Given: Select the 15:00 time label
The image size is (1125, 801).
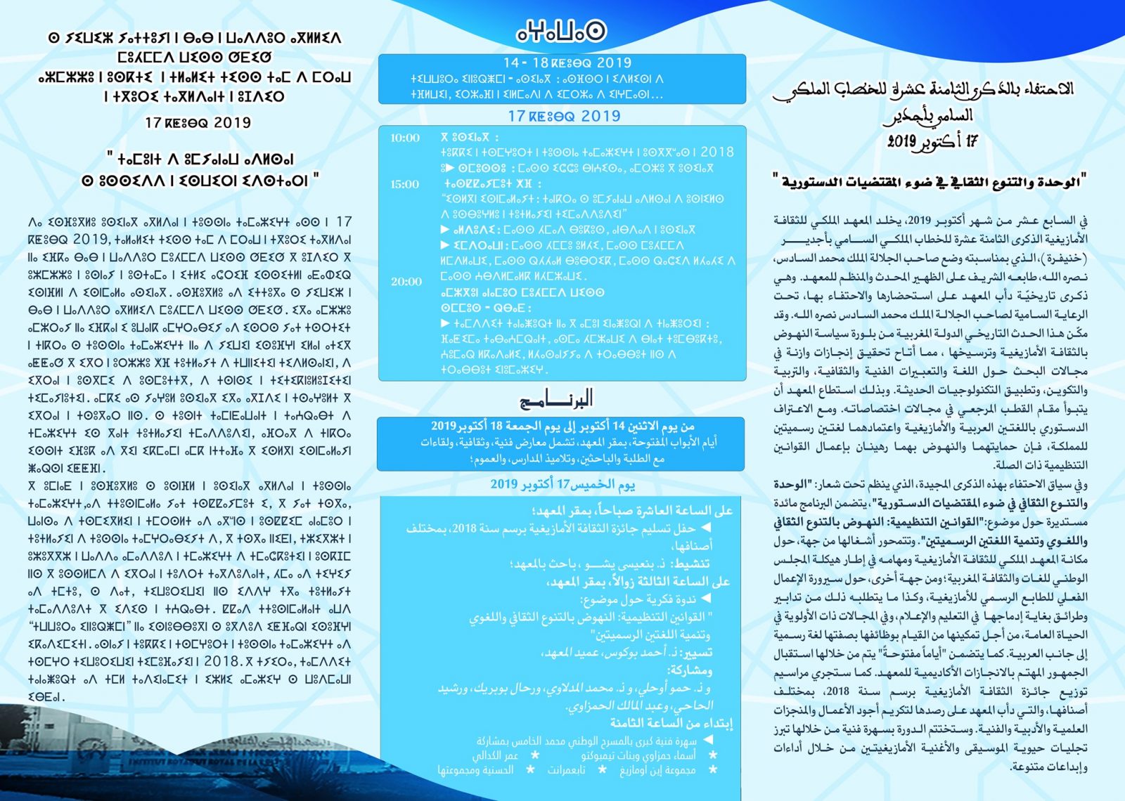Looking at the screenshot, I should (x=404, y=184).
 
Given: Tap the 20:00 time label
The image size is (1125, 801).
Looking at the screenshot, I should (x=406, y=282).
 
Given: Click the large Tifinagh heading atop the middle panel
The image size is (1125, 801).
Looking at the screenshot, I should (x=561, y=31).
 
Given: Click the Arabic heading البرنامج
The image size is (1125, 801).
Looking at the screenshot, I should (x=555, y=400).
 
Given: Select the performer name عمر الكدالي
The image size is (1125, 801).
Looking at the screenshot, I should (x=495, y=755).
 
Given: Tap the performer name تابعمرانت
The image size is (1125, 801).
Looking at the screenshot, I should (x=567, y=770).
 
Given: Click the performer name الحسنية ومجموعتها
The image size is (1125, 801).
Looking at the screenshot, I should (x=475, y=770).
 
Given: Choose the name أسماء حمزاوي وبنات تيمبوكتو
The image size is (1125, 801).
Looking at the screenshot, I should (x=638, y=755).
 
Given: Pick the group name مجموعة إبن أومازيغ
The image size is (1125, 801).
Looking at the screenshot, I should (x=657, y=770).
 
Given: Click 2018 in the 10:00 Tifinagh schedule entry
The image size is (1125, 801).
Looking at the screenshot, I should (x=716, y=152).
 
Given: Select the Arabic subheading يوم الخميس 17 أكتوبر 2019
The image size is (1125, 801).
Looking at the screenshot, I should (x=562, y=484).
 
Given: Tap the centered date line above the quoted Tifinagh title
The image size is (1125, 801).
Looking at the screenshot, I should (x=198, y=123).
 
